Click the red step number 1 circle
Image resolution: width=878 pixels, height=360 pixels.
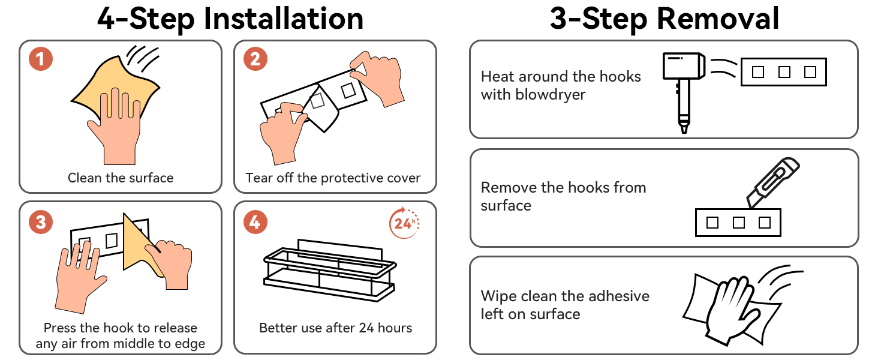click(40, 59)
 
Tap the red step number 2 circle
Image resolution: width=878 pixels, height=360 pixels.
click(255, 59)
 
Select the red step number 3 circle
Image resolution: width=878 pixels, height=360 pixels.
click(40, 222)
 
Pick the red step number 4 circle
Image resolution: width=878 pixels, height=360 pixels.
click(255, 222)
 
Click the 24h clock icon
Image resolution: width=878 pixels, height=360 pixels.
click(404, 223)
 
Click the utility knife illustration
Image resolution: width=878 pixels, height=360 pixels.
click(772, 182)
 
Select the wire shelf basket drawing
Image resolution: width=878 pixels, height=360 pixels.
click(330, 271)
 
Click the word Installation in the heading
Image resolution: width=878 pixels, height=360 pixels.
click(284, 19)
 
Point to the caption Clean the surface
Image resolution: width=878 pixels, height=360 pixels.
click(121, 178)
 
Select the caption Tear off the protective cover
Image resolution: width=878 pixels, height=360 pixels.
click(333, 178)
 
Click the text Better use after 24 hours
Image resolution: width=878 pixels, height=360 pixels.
click(335, 328)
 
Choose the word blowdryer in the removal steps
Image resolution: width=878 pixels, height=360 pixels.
click(551, 95)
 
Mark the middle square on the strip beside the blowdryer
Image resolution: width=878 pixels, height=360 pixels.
click(784, 72)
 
